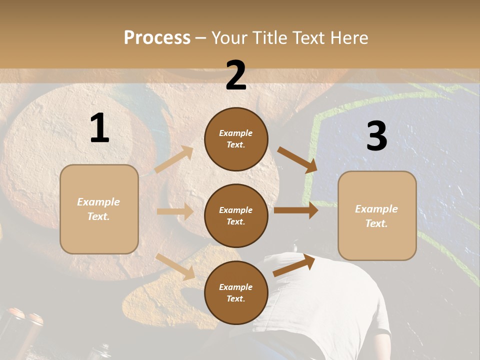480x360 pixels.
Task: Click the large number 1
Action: [99, 128]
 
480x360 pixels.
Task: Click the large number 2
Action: [236, 76]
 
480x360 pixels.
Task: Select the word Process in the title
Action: [157, 37]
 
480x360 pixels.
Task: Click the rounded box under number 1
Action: [99, 209]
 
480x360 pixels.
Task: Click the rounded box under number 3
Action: [377, 215]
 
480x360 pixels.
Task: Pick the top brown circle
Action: [236, 139]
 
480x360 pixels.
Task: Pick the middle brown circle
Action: [236, 215]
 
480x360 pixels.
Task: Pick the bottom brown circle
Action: [236, 292]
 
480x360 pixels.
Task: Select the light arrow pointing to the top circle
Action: [173, 159]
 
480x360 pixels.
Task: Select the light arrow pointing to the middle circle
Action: [175, 211]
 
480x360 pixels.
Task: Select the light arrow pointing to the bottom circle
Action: [175, 266]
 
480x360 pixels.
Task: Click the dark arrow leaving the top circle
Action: [297, 159]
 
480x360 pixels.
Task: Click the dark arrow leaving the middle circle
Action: [296, 210]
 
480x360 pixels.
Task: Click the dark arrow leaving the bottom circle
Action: [294, 265]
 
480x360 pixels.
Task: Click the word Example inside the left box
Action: [98, 202]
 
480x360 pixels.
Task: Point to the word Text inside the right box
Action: [376, 223]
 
